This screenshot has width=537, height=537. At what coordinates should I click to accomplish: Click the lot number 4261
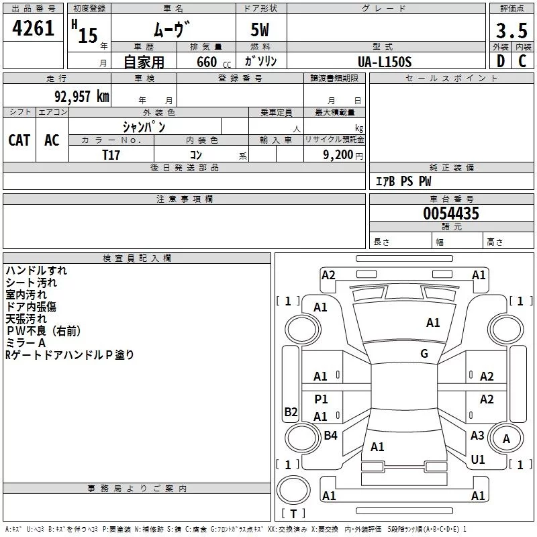pyautogui.click(x=33, y=28)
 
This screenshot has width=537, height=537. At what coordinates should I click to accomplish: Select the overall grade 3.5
pyautogui.click(x=511, y=30)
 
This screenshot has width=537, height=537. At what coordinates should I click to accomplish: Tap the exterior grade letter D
pyautogui.click(x=501, y=61)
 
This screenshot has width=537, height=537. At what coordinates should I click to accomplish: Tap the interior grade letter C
pyautogui.click(x=522, y=61)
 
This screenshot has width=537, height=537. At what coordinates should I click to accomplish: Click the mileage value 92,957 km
pyautogui.click(x=81, y=97)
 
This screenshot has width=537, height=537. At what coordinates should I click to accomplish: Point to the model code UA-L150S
pyautogui.click(x=385, y=62)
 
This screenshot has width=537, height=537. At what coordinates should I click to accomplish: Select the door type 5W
pyautogui.click(x=260, y=30)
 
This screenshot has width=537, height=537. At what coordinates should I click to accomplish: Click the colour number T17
pyautogui.click(x=111, y=155)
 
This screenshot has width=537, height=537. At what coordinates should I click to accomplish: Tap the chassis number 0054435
pyautogui.click(x=451, y=213)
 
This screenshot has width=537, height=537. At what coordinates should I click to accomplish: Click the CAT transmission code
pyautogui.click(x=19, y=140)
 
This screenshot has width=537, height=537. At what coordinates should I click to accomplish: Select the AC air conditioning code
pyautogui.click(x=52, y=140)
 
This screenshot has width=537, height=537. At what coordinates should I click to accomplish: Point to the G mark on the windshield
pyautogui.click(x=424, y=354)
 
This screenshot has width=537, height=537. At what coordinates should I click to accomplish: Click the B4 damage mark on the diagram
pyautogui.click(x=330, y=435)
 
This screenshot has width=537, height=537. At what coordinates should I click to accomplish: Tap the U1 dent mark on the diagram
pyautogui.click(x=478, y=459)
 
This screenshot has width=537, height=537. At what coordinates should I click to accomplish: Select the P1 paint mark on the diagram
pyautogui.click(x=321, y=399)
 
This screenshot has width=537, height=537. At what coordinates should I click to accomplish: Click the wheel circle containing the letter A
pyautogui.click(x=506, y=438)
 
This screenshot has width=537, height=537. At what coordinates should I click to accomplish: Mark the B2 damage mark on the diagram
pyautogui.click(x=291, y=411)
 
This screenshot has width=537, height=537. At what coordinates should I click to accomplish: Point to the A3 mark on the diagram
pyautogui.click(x=477, y=435)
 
